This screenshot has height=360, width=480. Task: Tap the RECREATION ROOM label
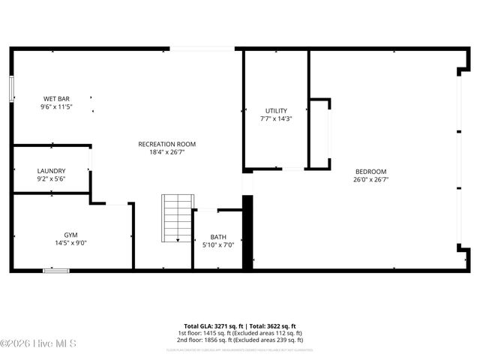(166, 143)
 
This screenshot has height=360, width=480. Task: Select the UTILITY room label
(276, 110)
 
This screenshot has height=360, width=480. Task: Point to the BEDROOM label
(370, 170)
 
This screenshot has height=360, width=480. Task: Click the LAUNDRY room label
(51, 170)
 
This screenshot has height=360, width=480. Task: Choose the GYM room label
(70, 234)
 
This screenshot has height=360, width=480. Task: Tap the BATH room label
(218, 236)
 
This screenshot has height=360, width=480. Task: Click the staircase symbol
(178, 217)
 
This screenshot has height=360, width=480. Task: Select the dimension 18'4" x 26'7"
(166, 152)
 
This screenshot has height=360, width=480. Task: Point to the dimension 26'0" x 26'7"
(370, 179)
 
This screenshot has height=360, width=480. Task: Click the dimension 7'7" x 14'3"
(276, 119)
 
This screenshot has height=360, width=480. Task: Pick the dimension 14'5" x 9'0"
(70, 243)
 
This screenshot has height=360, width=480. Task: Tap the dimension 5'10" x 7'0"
(218, 245)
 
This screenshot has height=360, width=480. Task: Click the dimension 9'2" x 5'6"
(51, 179)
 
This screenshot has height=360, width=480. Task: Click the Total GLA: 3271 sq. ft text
(211, 326)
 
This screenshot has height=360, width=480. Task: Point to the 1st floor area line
(240, 333)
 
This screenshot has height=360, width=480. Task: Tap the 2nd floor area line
(240, 340)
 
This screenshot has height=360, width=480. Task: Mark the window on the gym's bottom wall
(55, 270)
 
